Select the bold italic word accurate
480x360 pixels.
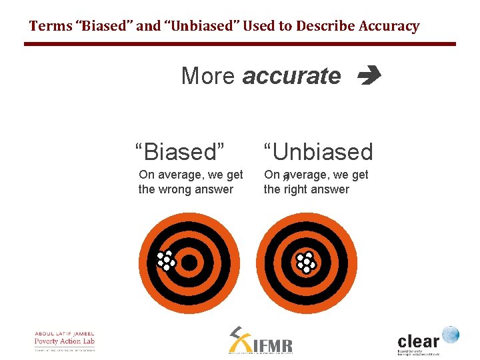click(291, 76)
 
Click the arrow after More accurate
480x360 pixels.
click(369, 77)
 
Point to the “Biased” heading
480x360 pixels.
click(179, 151)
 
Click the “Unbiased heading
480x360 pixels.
click(318, 151)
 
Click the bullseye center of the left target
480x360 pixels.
click(189, 263)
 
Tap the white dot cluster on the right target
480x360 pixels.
click(306, 263)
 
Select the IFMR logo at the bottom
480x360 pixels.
click(261, 341)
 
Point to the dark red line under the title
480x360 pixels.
click(240, 44)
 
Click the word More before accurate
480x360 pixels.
click(208, 76)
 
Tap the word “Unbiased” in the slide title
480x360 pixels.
click(207, 27)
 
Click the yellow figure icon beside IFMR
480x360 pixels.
click(237, 339)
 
